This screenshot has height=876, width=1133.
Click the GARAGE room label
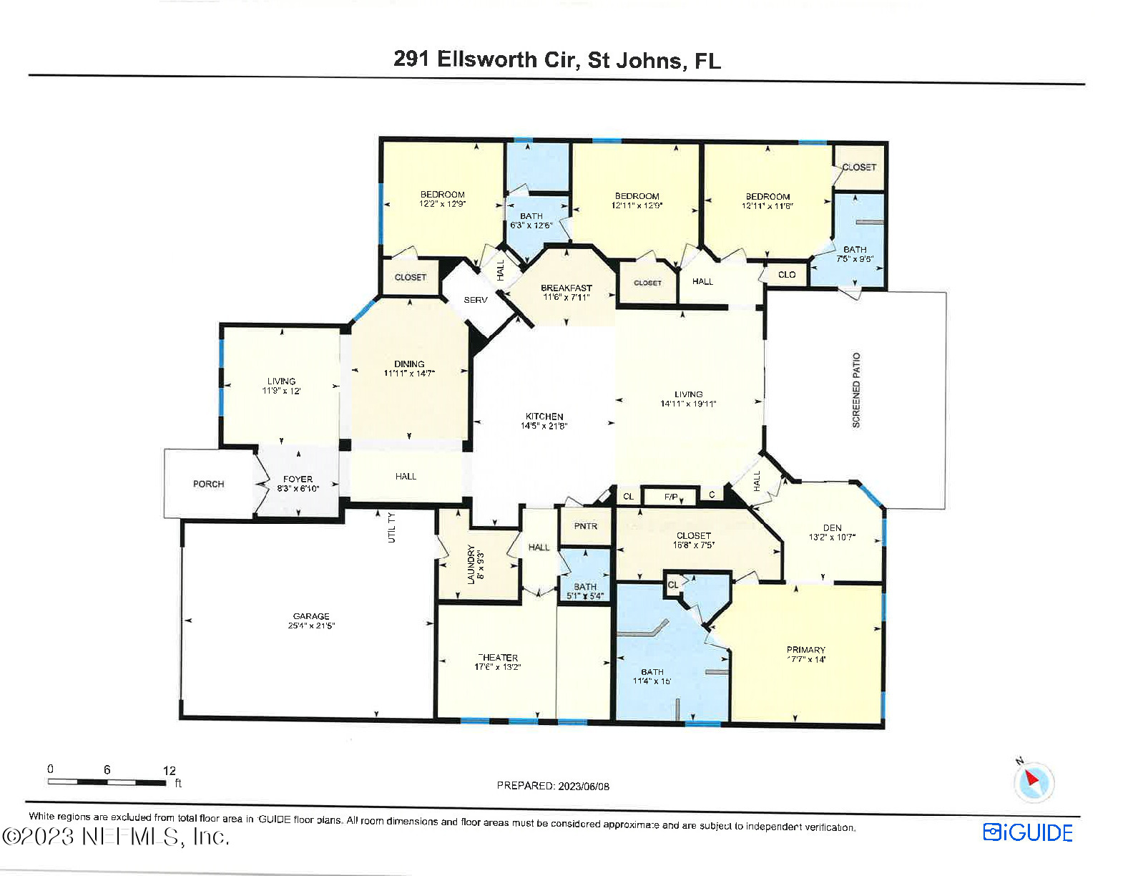pyautogui.click(x=311, y=615)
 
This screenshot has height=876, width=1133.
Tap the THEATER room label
pyautogui.click(x=498, y=657)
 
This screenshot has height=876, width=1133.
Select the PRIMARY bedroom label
pyautogui.click(x=806, y=650)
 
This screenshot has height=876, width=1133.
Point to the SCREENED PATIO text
pyautogui.click(x=856, y=390)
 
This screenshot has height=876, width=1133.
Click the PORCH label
pyautogui.click(x=208, y=484)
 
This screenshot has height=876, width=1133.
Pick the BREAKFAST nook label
pyautogui.click(x=566, y=288)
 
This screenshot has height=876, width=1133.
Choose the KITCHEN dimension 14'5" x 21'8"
pyautogui.click(x=544, y=426)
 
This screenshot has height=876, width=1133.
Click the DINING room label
pyautogui.click(x=409, y=364)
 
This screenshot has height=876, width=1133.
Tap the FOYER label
pyautogui.click(x=298, y=479)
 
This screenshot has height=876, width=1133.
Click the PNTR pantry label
pyautogui.click(x=585, y=526)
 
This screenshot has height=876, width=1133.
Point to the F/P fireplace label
pyautogui.click(x=671, y=496)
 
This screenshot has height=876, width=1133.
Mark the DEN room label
pyautogui.click(x=832, y=527)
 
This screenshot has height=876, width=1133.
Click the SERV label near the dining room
pyautogui.click(x=476, y=300)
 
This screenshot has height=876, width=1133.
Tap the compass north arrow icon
pyautogui.click(x=1033, y=781)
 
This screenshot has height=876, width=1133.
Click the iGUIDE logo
pyautogui.click(x=1028, y=832)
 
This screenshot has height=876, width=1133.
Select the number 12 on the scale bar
pyautogui.click(x=169, y=771)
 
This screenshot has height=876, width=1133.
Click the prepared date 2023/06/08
pyautogui.click(x=584, y=786)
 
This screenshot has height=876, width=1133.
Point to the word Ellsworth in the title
pyautogui.click(x=487, y=59)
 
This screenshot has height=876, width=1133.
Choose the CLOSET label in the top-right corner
pyautogui.click(x=858, y=167)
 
